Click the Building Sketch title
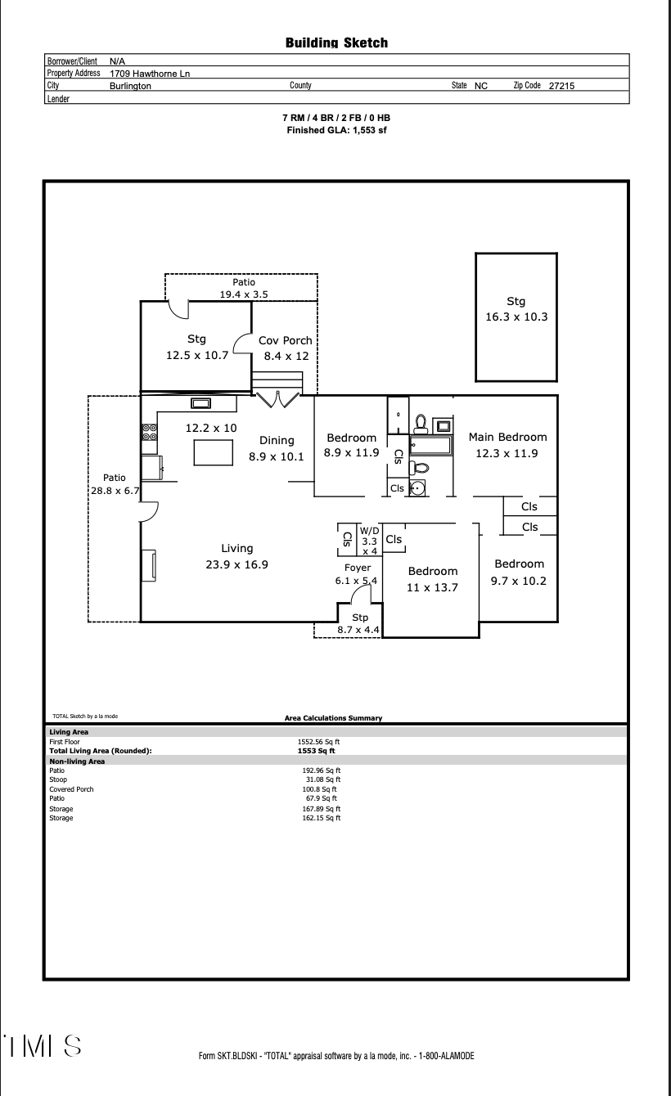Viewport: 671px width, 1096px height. [336, 43]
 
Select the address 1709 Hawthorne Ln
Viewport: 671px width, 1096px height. [150, 74]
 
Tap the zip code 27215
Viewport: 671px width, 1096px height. [561, 85]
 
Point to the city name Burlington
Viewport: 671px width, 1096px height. [130, 85]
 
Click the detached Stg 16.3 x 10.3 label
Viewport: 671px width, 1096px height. [516, 308]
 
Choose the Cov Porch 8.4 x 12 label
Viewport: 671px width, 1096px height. [285, 348]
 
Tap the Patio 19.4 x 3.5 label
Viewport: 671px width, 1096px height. [243, 288]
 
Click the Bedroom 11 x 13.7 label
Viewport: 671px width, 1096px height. [433, 579]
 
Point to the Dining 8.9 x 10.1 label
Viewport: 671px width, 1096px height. [277, 448]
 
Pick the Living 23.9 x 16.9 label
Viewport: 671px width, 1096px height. [236, 556]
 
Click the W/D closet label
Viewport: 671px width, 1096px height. [369, 541]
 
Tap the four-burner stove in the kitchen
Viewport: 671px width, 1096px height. [150, 432]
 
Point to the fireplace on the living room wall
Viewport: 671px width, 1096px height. [149, 566]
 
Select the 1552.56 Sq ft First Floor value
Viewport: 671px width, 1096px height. [319, 741]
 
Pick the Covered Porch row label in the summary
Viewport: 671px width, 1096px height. [71, 789]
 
